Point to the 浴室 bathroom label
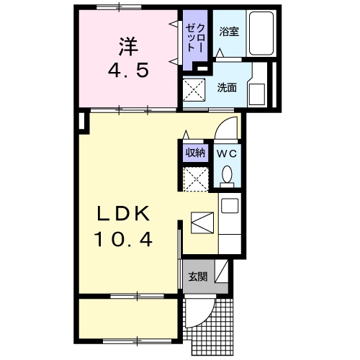coord(230,32)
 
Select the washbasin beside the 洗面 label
coord(257,92)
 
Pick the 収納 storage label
coord(196,153)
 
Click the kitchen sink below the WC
coord(230,206)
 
